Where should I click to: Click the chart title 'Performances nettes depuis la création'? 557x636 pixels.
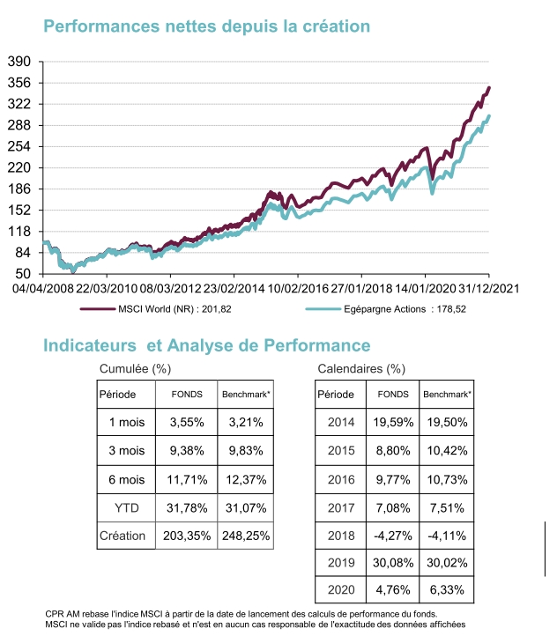206,26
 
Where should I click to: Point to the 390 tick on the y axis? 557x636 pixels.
19,62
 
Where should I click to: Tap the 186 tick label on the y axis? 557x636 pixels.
19,189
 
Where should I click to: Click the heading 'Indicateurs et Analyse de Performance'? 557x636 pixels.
207,345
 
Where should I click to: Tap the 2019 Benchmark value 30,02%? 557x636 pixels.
449,563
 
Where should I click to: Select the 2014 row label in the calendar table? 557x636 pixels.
341,422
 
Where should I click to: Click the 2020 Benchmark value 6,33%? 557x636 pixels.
449,590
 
